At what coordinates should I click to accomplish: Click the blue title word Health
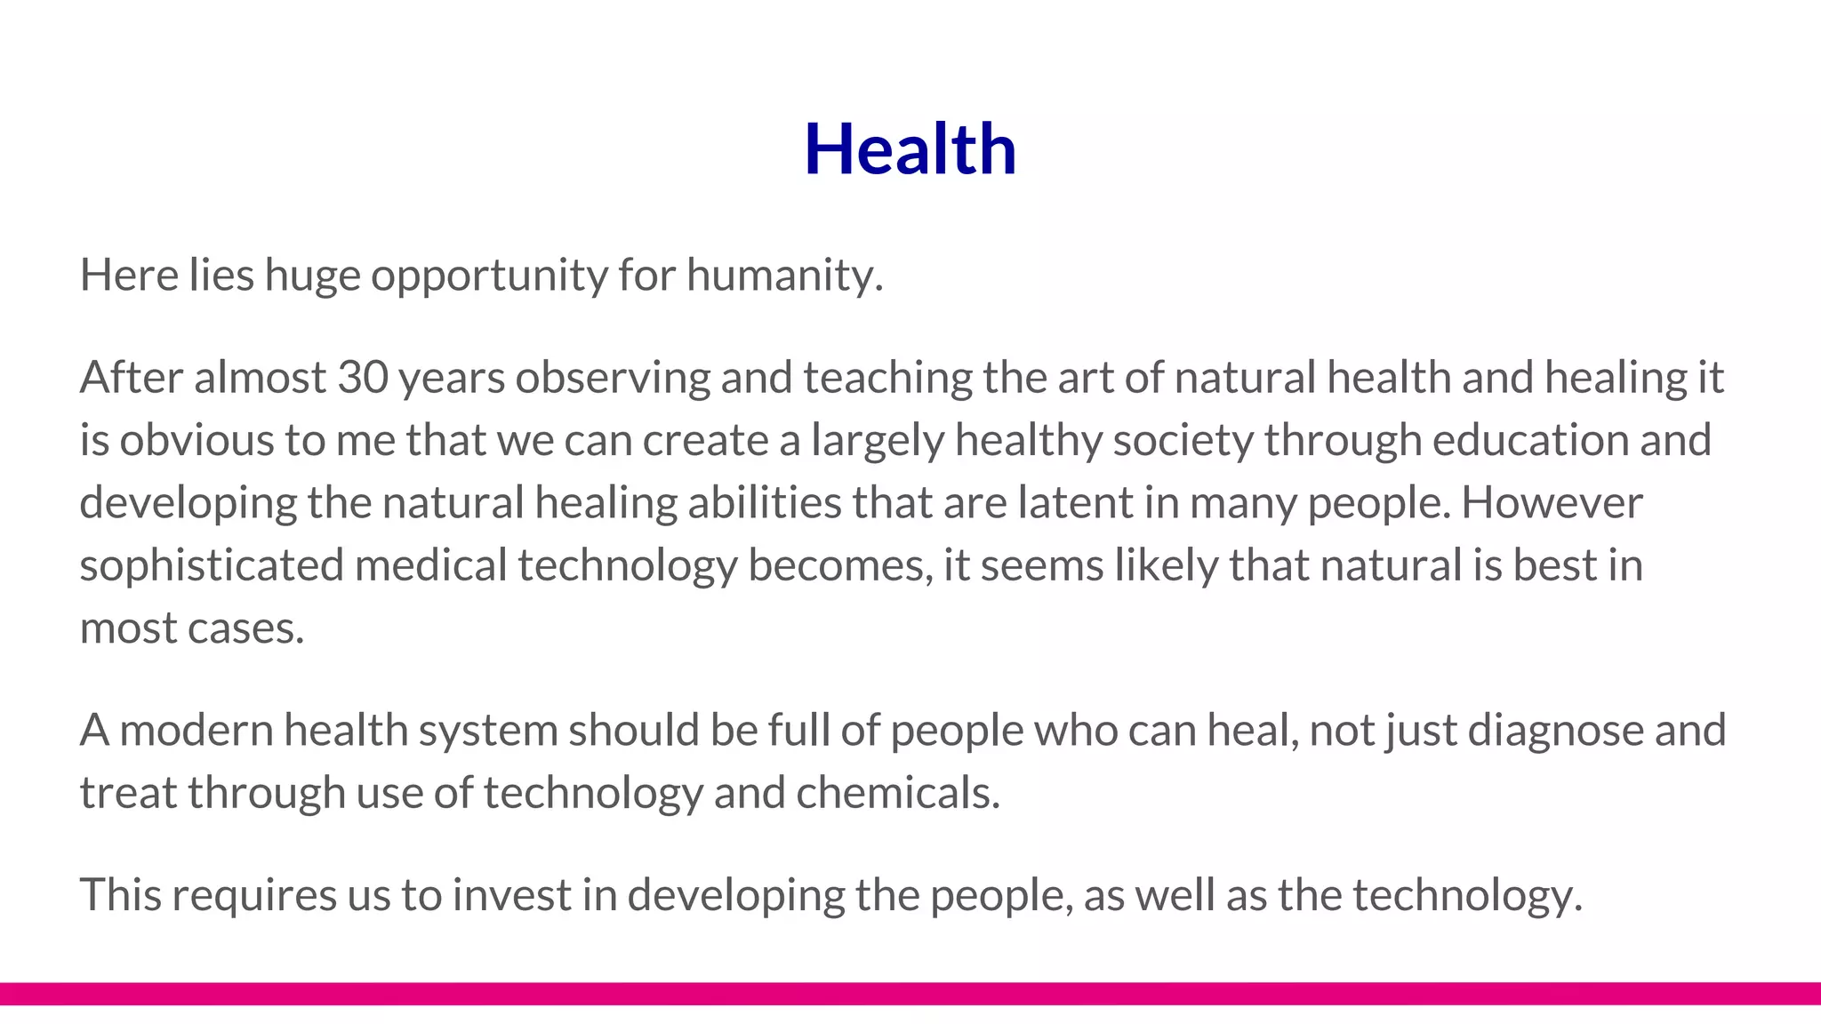(910, 148)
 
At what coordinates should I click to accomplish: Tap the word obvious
(197, 440)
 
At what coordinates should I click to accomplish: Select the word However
(1552, 502)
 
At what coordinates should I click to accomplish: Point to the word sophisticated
(212, 566)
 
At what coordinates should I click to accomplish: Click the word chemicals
(898, 792)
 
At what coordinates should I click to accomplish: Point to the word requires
(253, 895)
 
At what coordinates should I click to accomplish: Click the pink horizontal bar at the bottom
(910, 993)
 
